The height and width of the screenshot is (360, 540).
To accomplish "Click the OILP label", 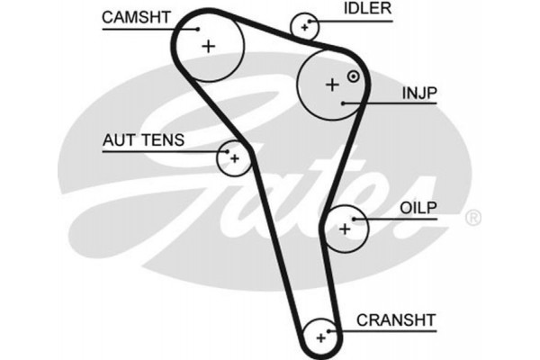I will (x=418, y=207).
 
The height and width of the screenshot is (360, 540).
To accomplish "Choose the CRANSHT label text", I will (x=396, y=319).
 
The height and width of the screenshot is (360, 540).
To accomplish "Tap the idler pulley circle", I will (x=306, y=28).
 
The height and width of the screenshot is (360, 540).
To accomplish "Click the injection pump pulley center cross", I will (x=332, y=85).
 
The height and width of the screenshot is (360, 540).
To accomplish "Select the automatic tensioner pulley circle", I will (x=234, y=159).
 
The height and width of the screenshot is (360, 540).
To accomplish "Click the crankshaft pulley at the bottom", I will (x=319, y=338).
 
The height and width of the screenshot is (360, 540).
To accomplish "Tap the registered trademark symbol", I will (x=473, y=217).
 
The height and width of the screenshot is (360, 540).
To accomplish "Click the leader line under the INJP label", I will (x=396, y=103).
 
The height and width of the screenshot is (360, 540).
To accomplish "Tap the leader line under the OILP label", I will (x=400, y=219).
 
